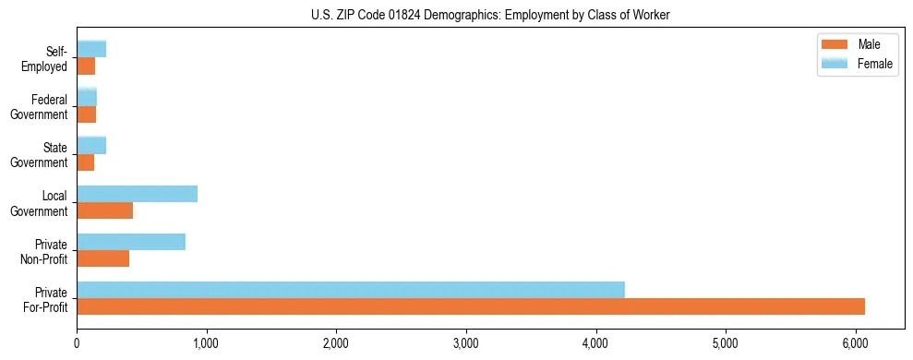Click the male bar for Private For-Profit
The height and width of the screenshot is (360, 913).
(x=471, y=306)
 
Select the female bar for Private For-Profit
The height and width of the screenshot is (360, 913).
(x=351, y=290)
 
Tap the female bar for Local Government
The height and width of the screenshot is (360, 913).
(x=137, y=194)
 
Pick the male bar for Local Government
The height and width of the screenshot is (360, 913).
(x=104, y=210)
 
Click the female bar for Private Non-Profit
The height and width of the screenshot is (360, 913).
(x=131, y=242)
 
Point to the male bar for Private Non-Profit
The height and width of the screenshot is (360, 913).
(x=102, y=258)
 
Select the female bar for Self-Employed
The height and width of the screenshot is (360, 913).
(x=91, y=49)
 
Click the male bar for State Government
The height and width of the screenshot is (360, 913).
(x=86, y=162)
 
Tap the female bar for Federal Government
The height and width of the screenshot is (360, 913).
(x=87, y=97)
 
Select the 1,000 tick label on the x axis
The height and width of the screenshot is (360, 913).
(x=207, y=343)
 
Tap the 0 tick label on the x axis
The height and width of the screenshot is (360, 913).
(x=78, y=343)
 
